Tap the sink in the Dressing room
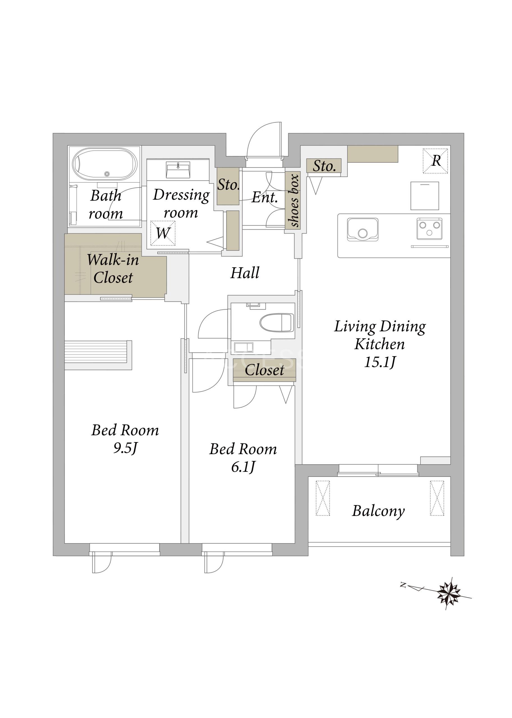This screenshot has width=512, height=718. click(x=178, y=170)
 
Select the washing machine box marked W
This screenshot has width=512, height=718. click(x=163, y=233)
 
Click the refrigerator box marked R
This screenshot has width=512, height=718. click(x=435, y=161)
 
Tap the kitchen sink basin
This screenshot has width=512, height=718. click(x=362, y=229)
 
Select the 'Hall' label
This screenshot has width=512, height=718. click(x=245, y=273)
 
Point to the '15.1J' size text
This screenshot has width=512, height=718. click(x=380, y=362)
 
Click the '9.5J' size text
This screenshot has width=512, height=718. click(x=125, y=448)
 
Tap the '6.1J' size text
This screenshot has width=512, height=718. click(x=243, y=467)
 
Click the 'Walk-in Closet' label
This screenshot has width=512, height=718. click(x=113, y=268)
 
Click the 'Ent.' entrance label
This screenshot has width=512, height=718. click(x=265, y=198)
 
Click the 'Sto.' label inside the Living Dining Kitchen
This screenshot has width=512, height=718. click(x=324, y=166)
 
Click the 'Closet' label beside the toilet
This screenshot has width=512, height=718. click(x=264, y=370)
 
